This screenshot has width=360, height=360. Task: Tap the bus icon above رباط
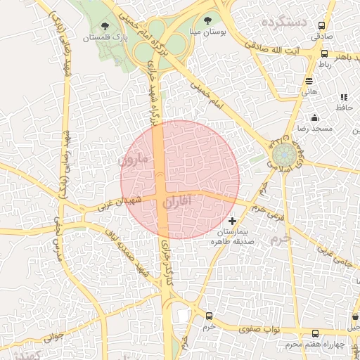coord(324,53)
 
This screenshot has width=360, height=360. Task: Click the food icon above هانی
coord(309,80)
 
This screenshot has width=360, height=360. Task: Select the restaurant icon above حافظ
coord(343,97)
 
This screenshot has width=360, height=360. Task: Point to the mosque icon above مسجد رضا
coord(314,118)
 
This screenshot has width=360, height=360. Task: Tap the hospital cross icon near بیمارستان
coord(233,221)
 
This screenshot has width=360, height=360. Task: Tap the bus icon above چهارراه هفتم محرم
coord(314,334)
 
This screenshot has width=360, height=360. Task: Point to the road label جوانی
coord(53,337)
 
